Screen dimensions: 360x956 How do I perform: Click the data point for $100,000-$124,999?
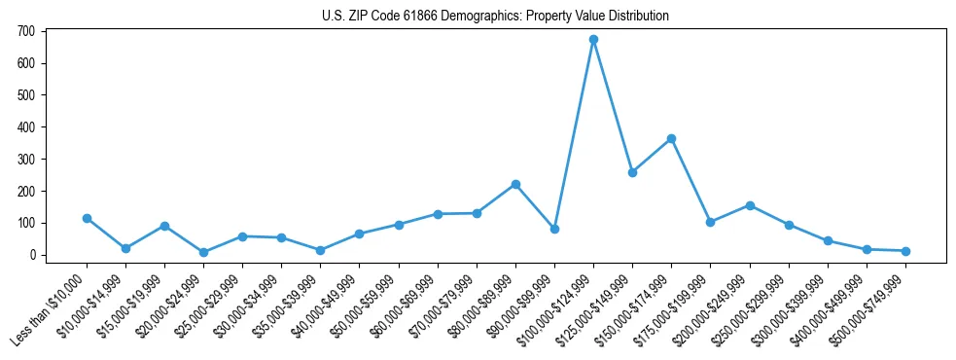click(x=593, y=40)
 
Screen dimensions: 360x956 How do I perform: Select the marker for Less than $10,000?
click(x=87, y=218)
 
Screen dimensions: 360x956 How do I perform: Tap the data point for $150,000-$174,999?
click(x=671, y=139)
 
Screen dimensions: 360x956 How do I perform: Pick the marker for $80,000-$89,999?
click(x=515, y=184)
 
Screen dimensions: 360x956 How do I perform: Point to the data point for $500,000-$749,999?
click(x=905, y=251)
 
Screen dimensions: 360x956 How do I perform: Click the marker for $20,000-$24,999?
click(x=203, y=252)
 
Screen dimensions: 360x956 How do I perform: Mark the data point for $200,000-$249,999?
click(x=750, y=205)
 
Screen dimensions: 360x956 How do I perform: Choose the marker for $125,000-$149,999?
click(x=632, y=172)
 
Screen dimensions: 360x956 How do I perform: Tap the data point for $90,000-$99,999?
click(x=554, y=229)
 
